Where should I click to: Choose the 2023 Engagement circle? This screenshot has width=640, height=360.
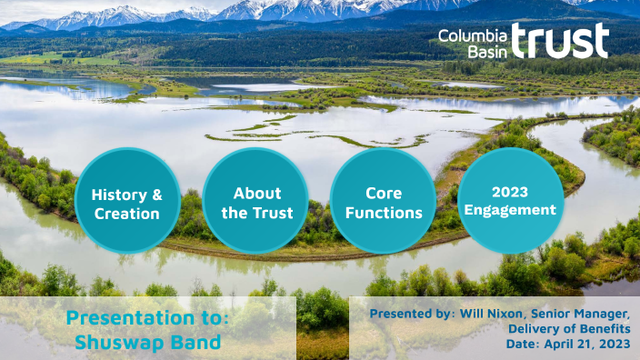511,200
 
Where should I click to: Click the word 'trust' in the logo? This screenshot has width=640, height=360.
559,41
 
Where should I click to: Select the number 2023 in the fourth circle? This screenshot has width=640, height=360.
511,191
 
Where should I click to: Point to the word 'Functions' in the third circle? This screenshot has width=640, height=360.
384,214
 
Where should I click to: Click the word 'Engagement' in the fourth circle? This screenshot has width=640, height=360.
511,209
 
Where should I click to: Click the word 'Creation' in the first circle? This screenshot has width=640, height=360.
128,215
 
